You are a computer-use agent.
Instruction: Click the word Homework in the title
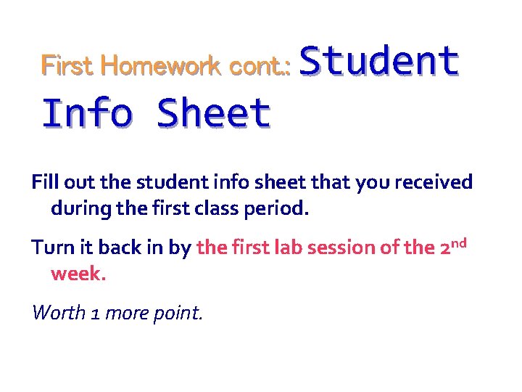(161, 66)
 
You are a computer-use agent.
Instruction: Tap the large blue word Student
(378, 61)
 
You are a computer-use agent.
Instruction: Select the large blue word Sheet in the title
(213, 114)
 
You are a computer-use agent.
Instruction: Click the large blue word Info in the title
(88, 114)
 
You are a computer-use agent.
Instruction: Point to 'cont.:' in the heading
(260, 66)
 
